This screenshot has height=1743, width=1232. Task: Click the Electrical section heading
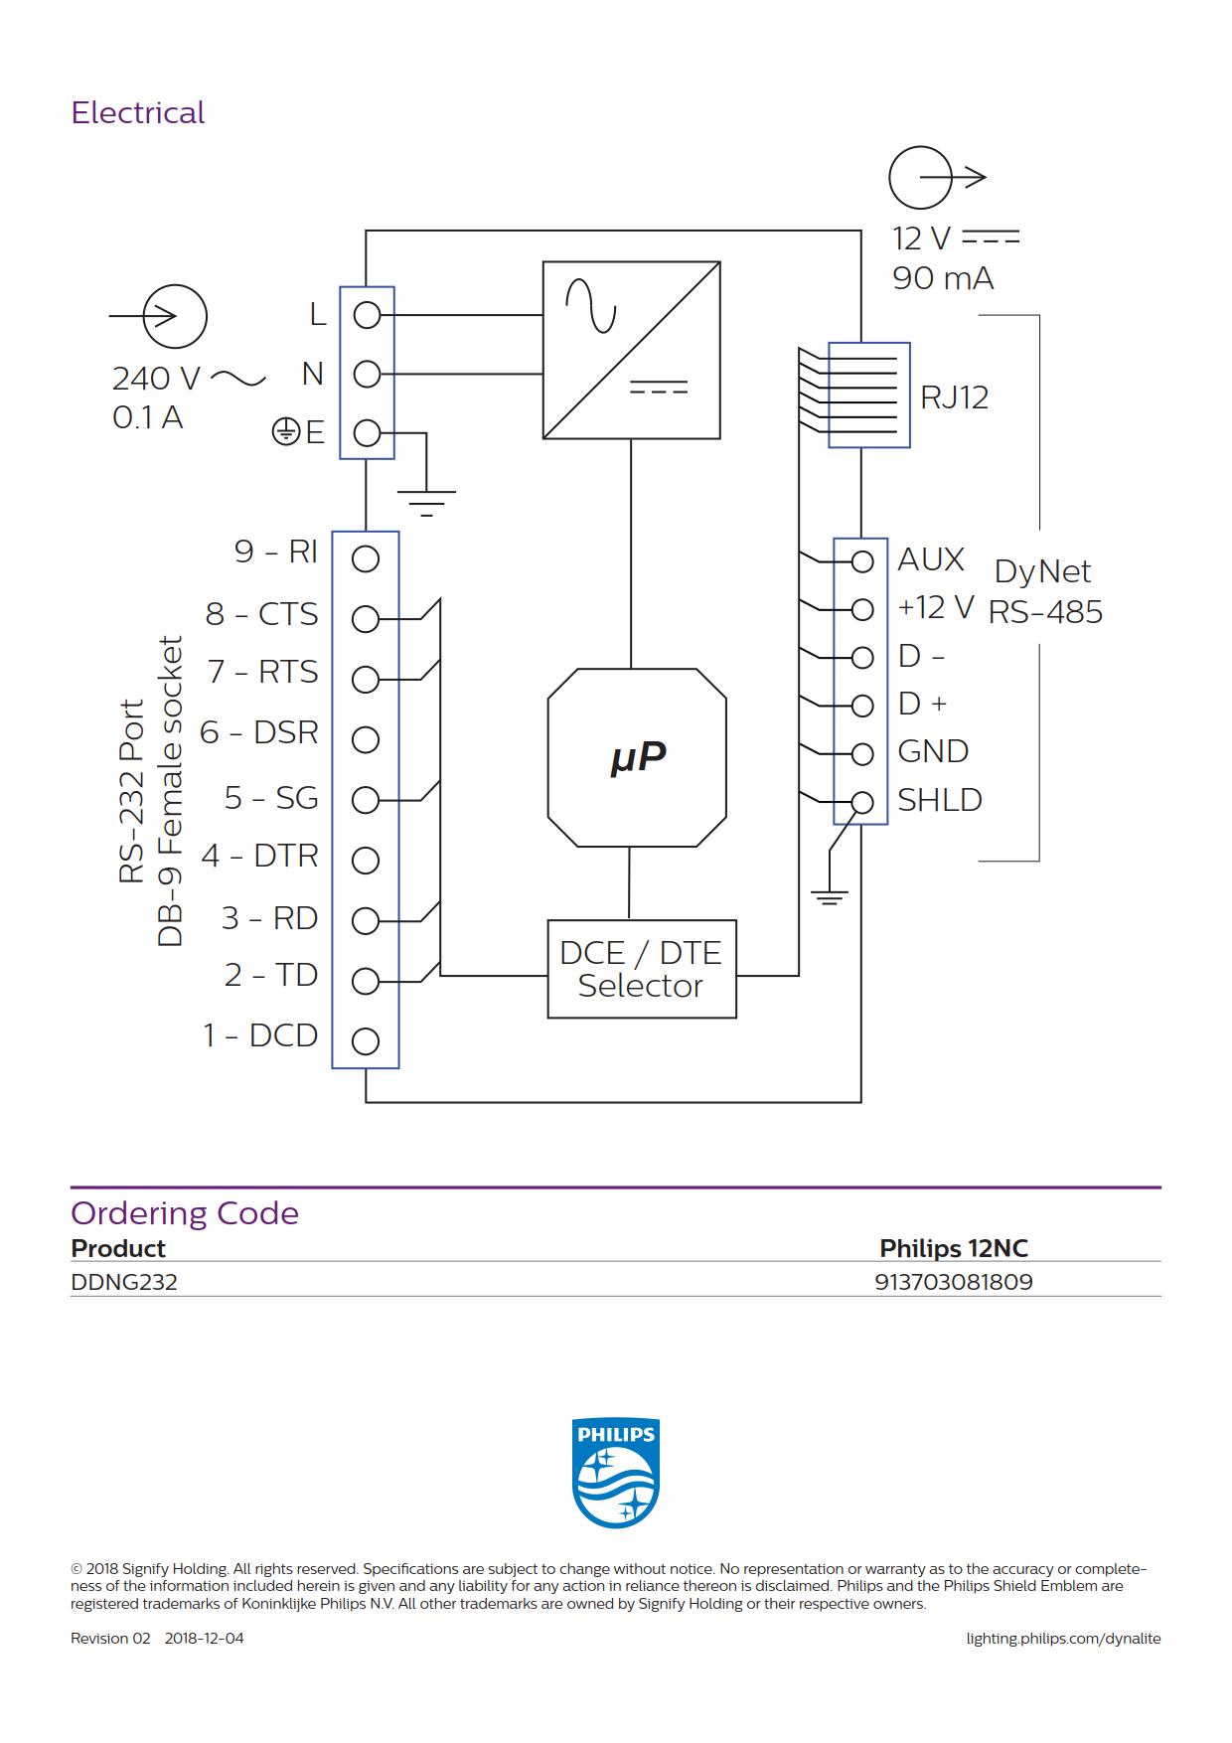[x=138, y=112]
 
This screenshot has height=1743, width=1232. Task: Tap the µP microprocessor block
[x=637, y=757]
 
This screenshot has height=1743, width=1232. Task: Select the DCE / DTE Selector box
[x=642, y=969]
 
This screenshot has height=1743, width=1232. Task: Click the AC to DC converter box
[x=631, y=350]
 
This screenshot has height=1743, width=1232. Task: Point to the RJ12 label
[x=954, y=397]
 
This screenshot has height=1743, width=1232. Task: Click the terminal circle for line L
[x=368, y=315]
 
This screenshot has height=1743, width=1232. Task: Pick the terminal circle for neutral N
[x=368, y=374]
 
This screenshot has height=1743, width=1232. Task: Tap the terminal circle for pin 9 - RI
[x=366, y=559]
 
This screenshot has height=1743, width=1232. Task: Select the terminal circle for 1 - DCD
[x=366, y=1041]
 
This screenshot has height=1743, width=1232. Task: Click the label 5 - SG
[x=271, y=798]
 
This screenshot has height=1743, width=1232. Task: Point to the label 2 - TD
[x=271, y=975]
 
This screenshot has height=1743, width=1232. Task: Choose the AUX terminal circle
[x=862, y=561]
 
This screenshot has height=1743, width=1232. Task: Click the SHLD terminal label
[x=940, y=800]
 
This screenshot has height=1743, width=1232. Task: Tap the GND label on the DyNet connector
[x=933, y=751]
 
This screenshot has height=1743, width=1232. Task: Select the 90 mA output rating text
[x=943, y=278]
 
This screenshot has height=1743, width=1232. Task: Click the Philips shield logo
[x=616, y=1473]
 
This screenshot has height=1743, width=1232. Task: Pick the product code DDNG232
[x=124, y=1282]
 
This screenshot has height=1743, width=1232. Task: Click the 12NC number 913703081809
[x=954, y=1282]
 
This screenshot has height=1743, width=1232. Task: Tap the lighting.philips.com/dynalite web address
[x=1063, y=1639]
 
